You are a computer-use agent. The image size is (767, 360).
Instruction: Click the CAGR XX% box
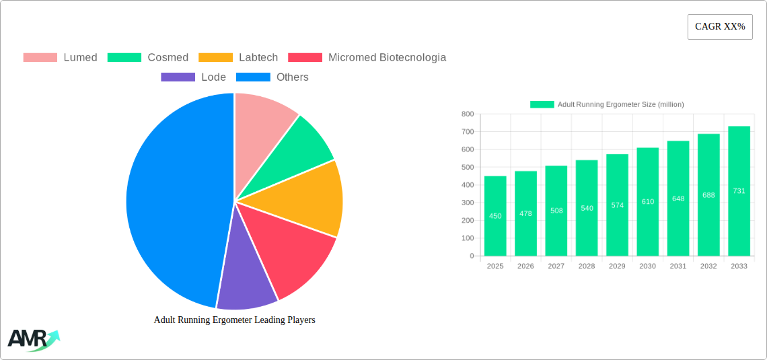click(719, 27)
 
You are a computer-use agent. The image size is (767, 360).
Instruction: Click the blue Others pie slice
click(175, 202)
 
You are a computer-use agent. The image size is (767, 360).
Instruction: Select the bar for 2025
click(495, 216)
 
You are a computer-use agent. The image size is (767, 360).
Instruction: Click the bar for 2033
click(739, 191)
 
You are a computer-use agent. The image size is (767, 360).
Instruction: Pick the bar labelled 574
click(617, 205)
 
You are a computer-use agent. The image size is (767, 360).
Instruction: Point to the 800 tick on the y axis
click(467, 114)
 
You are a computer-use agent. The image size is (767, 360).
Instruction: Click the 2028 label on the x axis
click(587, 266)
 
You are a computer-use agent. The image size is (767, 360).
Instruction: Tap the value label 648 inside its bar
click(678, 199)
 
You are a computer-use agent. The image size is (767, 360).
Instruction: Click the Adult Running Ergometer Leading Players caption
click(234, 320)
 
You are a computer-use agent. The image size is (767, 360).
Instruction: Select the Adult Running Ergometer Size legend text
click(620, 104)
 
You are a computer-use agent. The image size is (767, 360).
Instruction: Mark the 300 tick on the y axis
click(467, 203)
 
